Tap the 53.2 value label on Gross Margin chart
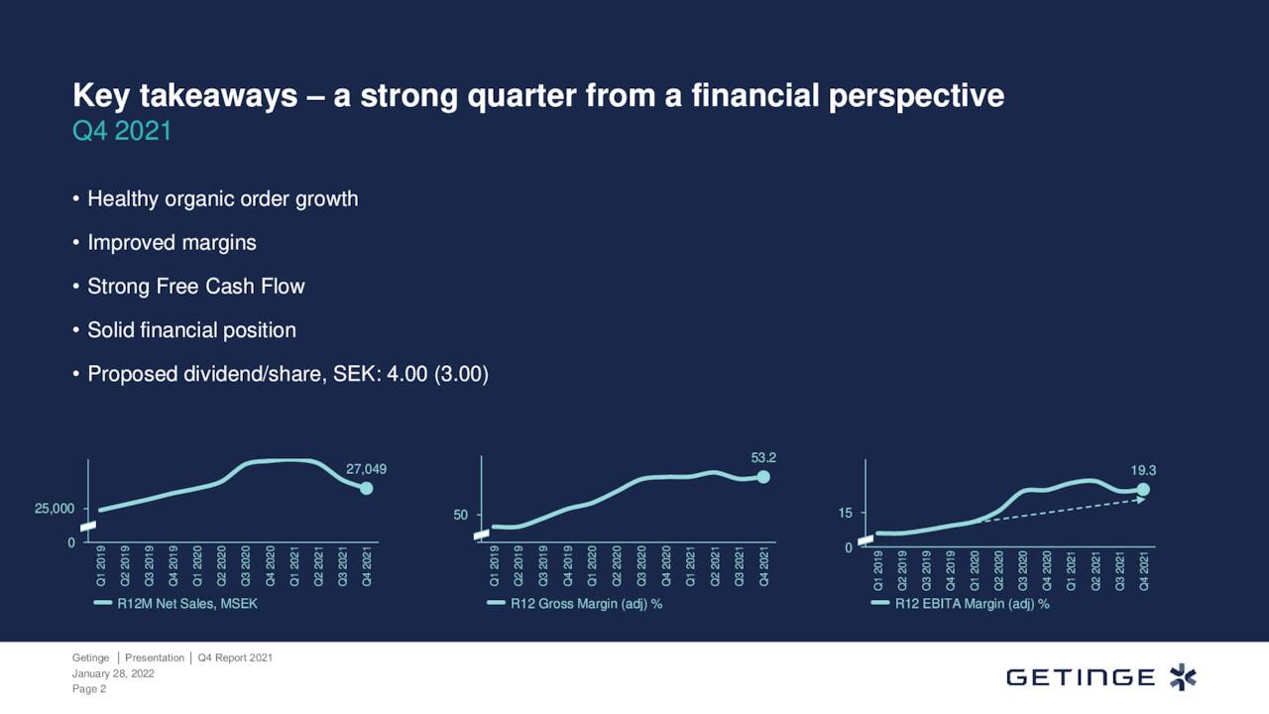(x=762, y=457)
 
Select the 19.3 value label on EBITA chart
(x=1143, y=470)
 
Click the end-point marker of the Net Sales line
(x=366, y=488)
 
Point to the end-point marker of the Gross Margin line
(x=762, y=477)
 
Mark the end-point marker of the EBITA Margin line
(x=1143, y=489)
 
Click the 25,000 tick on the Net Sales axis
(x=55, y=509)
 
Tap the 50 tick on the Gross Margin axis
(x=461, y=516)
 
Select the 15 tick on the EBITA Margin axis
(x=845, y=514)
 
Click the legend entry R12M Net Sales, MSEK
(x=186, y=604)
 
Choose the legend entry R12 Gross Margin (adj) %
(x=585, y=604)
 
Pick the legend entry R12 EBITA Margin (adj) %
(x=971, y=604)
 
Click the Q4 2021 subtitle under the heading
(x=122, y=131)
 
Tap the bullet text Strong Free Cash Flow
(x=195, y=287)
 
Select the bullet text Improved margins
(x=172, y=243)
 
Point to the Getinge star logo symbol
(x=1183, y=677)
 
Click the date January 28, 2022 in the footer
(x=113, y=673)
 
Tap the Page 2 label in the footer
(x=89, y=689)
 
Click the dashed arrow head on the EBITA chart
(x=1141, y=500)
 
